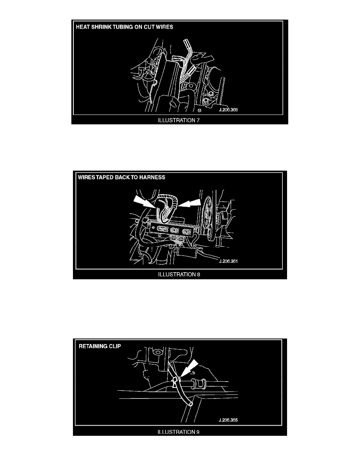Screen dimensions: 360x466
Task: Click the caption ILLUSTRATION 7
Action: point(178,120)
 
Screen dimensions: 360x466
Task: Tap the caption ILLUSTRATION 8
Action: point(179,274)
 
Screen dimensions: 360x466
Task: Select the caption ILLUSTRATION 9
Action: point(178,432)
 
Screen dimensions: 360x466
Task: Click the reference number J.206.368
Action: point(228,110)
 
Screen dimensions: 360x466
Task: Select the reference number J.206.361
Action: point(228,261)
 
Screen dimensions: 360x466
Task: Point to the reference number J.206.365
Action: point(228,420)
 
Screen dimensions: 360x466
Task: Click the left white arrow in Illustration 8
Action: point(144,202)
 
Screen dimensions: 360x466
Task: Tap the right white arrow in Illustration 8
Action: point(190,203)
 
